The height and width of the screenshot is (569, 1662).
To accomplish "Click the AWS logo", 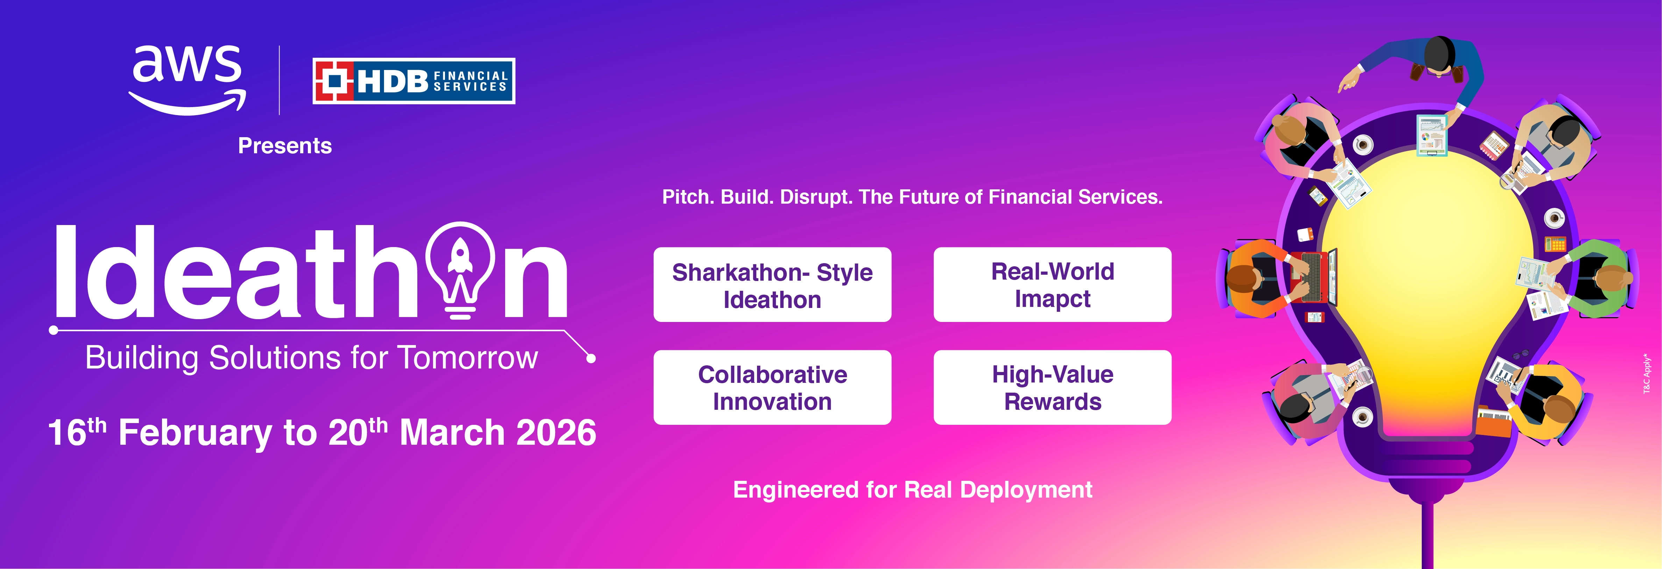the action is click(187, 80).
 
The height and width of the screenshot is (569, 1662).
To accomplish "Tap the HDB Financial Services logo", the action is click(413, 80).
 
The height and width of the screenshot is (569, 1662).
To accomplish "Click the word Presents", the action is click(284, 146).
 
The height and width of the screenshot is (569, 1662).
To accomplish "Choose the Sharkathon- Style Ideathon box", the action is click(772, 284).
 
